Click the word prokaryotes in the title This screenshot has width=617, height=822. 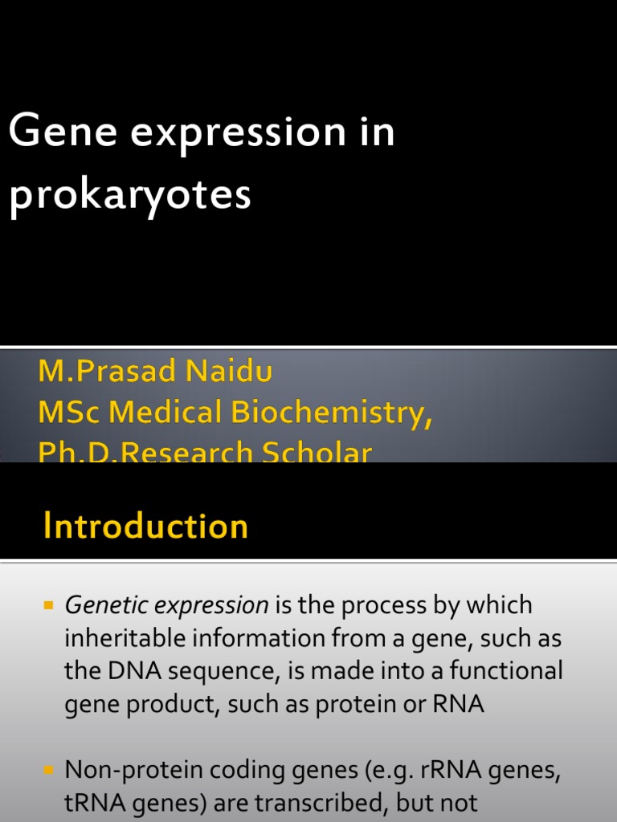[x=130, y=195]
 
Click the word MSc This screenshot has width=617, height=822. [x=69, y=413]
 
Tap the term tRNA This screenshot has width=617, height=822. [x=92, y=804]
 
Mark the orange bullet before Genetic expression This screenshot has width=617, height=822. [x=47, y=604]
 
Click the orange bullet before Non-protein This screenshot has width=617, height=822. [x=47, y=770]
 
